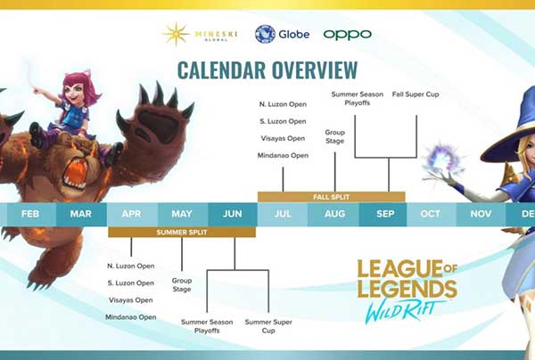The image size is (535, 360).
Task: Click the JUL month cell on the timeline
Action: [x=283, y=214]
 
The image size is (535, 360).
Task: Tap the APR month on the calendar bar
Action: [x=132, y=214]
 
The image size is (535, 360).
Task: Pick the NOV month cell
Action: [x=481, y=214]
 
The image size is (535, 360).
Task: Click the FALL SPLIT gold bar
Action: [x=332, y=197]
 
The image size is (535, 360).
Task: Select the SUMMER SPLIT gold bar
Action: [x=182, y=233]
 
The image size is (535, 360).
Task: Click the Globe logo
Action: [x=282, y=34]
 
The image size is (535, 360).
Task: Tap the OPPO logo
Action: [x=348, y=35]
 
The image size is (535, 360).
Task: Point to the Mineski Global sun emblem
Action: [x=176, y=34]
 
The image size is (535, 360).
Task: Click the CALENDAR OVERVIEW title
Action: [x=267, y=70]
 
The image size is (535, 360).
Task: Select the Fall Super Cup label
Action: [x=416, y=94]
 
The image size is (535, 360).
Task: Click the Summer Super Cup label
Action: [x=268, y=326]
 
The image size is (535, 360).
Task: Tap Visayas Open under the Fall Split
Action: [x=283, y=138]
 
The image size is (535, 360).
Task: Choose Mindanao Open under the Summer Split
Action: [x=131, y=317]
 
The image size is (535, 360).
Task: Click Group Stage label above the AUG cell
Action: [x=334, y=136]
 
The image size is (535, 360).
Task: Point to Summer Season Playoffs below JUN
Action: [x=207, y=326]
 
